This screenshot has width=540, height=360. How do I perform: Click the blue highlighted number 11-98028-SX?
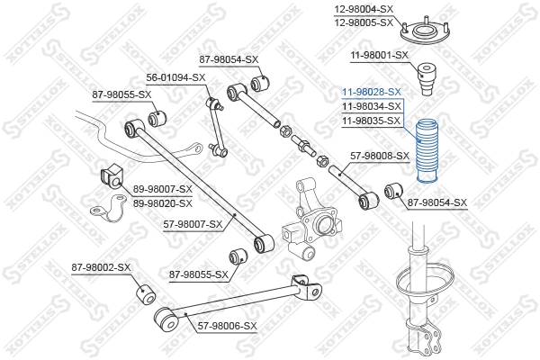[x=371, y=92]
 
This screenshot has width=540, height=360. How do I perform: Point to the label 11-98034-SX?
[x=371, y=106]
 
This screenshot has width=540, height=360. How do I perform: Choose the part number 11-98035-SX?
[x=371, y=120]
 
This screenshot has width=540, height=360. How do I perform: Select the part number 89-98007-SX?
[x=163, y=188]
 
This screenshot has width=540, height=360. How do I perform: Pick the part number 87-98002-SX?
[x=101, y=267]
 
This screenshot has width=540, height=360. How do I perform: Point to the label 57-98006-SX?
[x=226, y=326]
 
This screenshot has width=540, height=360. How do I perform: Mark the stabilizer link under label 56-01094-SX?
[x=215, y=125]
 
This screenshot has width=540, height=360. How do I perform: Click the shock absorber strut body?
[x=419, y=297]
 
